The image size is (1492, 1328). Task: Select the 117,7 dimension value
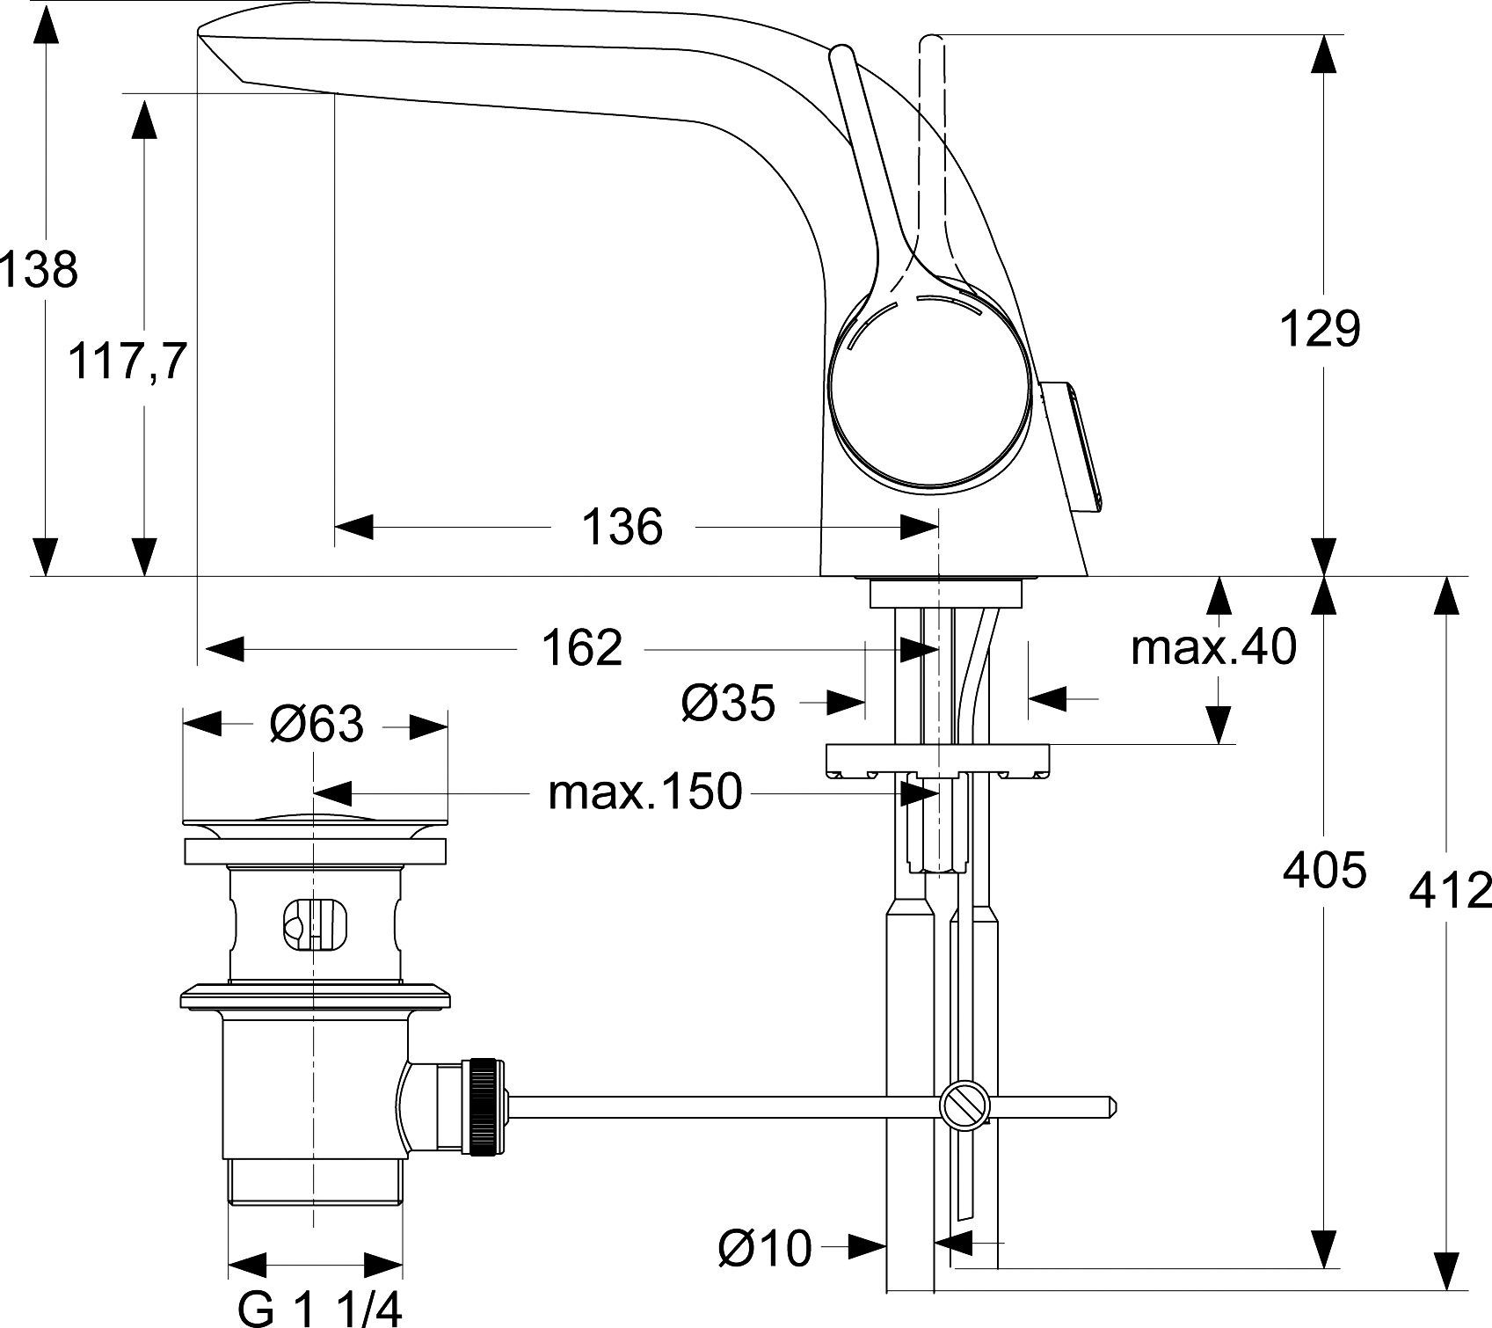[x=128, y=361]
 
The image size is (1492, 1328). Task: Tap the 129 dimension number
[x=1320, y=330]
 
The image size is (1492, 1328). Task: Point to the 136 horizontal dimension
[x=622, y=527]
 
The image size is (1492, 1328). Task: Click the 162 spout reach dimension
[x=581, y=649]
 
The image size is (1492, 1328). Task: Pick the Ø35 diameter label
[x=728, y=704]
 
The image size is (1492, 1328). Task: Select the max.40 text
[x=1213, y=647]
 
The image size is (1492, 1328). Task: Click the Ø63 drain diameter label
[x=316, y=725]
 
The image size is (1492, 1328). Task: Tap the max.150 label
[x=645, y=793]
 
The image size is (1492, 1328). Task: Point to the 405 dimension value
[x=1324, y=871]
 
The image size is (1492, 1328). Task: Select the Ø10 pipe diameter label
[x=764, y=1248]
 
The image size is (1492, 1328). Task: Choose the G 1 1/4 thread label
[x=319, y=1308]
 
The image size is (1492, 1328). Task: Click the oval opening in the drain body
[x=314, y=926]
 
